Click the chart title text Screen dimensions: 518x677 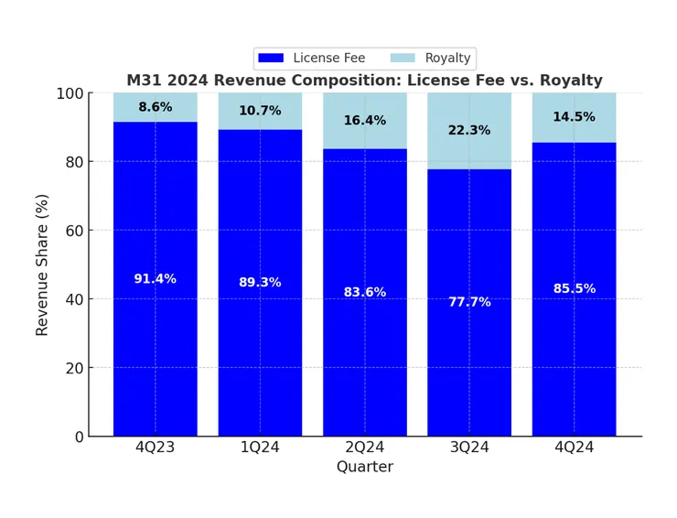point(364,81)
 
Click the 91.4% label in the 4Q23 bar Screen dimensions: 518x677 point(155,279)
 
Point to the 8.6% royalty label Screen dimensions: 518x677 point(155,107)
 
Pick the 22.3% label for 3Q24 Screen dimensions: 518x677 point(469,131)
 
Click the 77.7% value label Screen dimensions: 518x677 point(469,302)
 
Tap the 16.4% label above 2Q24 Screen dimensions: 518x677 point(364,121)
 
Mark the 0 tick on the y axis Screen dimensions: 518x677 point(78,437)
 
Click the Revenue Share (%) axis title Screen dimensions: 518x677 point(42,265)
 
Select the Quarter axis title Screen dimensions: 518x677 point(364,468)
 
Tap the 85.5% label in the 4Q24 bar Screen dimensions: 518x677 point(574,289)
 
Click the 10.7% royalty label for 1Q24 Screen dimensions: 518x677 point(260,111)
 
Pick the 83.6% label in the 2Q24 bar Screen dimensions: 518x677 point(364,293)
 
